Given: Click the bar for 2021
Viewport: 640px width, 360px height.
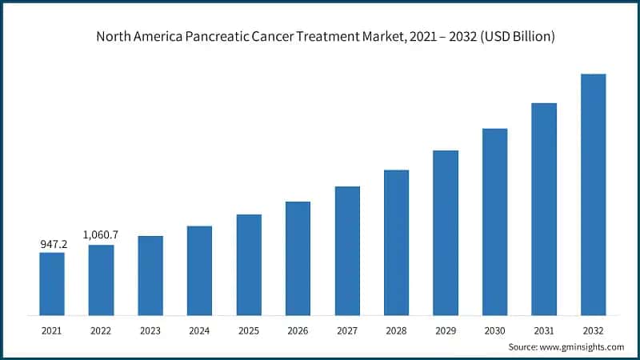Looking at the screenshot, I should (x=52, y=284).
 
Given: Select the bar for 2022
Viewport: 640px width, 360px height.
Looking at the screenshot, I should (x=101, y=280).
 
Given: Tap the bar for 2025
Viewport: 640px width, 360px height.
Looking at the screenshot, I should (x=249, y=265).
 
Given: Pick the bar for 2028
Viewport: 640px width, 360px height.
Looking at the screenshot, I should (x=397, y=242).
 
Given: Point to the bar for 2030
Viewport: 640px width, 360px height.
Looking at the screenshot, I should (x=495, y=222).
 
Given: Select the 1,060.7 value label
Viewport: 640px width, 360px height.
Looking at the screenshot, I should (x=101, y=234).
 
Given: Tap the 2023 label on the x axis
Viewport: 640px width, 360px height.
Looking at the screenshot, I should (x=150, y=330).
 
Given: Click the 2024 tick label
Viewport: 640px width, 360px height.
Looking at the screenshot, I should (x=199, y=330).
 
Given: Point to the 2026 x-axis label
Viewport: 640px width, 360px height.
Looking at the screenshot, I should (x=298, y=330).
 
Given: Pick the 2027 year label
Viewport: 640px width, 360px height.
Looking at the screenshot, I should (x=347, y=330).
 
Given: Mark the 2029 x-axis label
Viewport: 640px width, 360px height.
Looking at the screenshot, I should (x=446, y=330).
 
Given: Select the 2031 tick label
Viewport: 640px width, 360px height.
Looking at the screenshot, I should (x=544, y=330).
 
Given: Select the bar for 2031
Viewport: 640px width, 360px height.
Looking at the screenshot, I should (x=544, y=209).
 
